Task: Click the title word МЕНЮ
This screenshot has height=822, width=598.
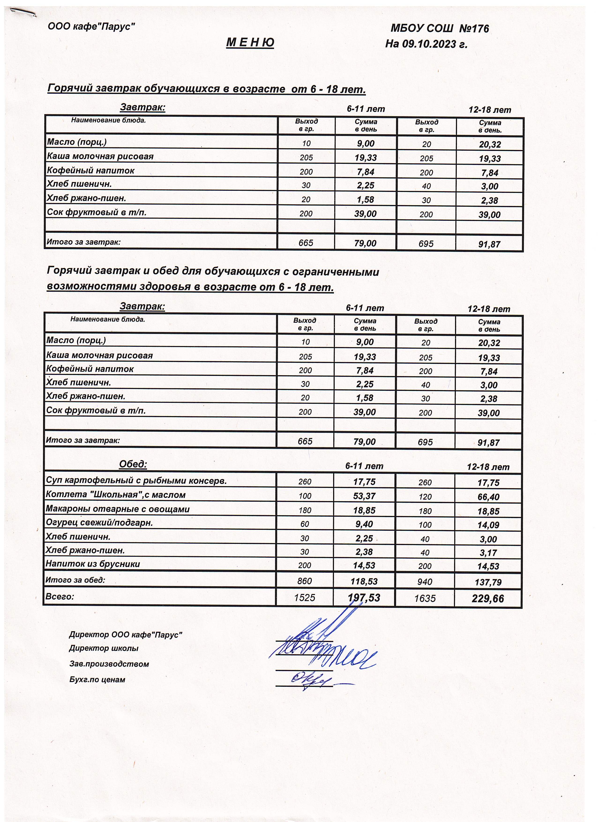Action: click(250, 43)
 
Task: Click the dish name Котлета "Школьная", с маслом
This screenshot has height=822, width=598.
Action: click(116, 495)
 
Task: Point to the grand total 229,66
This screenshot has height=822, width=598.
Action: click(488, 598)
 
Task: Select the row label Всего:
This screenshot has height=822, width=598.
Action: click(60, 596)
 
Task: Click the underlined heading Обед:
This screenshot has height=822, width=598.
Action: click(133, 464)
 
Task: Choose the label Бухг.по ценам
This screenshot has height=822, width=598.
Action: click(97, 680)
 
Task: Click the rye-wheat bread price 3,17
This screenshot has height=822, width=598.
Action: click(488, 553)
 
